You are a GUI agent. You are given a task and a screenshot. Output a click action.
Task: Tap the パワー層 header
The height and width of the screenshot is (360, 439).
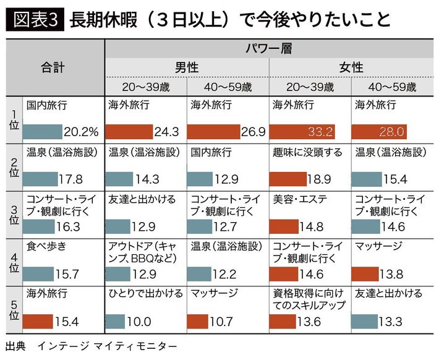pyautogui.click(x=270, y=48)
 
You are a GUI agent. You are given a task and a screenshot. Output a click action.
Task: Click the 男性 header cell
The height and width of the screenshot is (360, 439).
pyautogui.click(x=187, y=67)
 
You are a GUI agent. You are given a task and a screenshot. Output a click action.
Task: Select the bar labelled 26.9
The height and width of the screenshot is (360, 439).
pyautogui.click(x=213, y=132)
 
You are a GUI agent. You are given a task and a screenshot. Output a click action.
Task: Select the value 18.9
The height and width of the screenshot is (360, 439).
pyautogui.click(x=319, y=179)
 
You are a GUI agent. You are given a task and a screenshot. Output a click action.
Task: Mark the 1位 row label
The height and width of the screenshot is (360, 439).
pyautogui.click(x=14, y=118)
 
